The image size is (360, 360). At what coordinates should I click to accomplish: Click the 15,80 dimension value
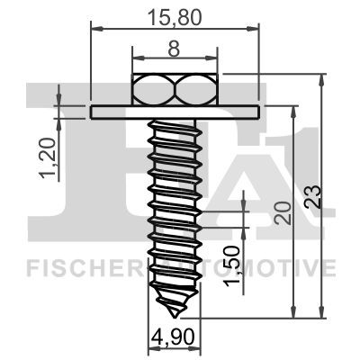click(x=175, y=17)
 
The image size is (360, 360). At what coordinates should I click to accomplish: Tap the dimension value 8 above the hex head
click(x=174, y=49)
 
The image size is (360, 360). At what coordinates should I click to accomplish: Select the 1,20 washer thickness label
click(x=48, y=158)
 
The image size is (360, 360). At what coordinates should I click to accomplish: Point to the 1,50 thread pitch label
click(x=233, y=265)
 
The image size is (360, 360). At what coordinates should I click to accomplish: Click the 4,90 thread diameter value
click(x=173, y=337)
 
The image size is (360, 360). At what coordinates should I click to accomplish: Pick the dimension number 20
click(x=283, y=213)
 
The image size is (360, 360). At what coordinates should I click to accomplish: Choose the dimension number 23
click(x=312, y=197)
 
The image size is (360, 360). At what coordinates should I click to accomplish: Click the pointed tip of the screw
click(x=175, y=317)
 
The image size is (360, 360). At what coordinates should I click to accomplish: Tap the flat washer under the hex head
click(x=175, y=112)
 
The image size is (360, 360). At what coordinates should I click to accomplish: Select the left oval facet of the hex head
click(x=154, y=89)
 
